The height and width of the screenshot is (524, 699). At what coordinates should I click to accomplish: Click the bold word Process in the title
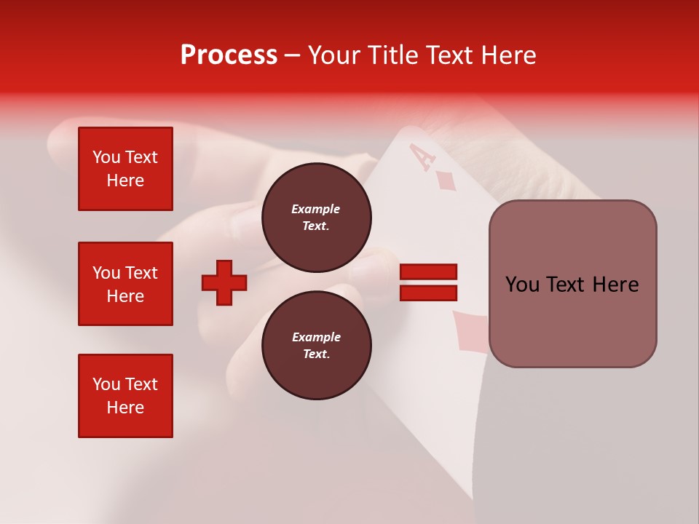click(x=229, y=55)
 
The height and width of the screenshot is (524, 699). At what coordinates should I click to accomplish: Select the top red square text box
click(x=125, y=169)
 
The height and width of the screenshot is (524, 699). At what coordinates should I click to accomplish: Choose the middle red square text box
click(x=125, y=284)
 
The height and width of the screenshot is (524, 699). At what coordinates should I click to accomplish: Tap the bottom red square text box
click(x=125, y=396)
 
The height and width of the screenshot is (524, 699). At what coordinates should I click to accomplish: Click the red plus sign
click(x=224, y=282)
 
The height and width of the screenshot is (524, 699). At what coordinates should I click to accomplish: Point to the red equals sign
click(x=428, y=282)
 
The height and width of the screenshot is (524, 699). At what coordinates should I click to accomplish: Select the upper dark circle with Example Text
click(x=316, y=218)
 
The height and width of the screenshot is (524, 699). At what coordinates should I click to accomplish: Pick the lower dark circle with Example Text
click(x=316, y=346)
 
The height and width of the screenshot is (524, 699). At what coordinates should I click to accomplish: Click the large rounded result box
click(x=572, y=284)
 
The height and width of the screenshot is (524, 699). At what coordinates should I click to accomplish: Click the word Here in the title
click(x=510, y=55)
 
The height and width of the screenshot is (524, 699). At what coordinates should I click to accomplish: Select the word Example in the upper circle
click(x=316, y=209)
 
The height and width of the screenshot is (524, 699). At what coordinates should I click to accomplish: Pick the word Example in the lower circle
click(x=316, y=337)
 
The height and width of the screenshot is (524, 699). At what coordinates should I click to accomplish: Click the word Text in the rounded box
click(x=567, y=285)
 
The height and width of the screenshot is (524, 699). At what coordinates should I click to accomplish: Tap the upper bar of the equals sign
click(x=428, y=272)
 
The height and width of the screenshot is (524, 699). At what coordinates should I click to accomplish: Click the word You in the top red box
click(x=106, y=157)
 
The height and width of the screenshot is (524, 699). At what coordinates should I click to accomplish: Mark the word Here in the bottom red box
click(x=125, y=408)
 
